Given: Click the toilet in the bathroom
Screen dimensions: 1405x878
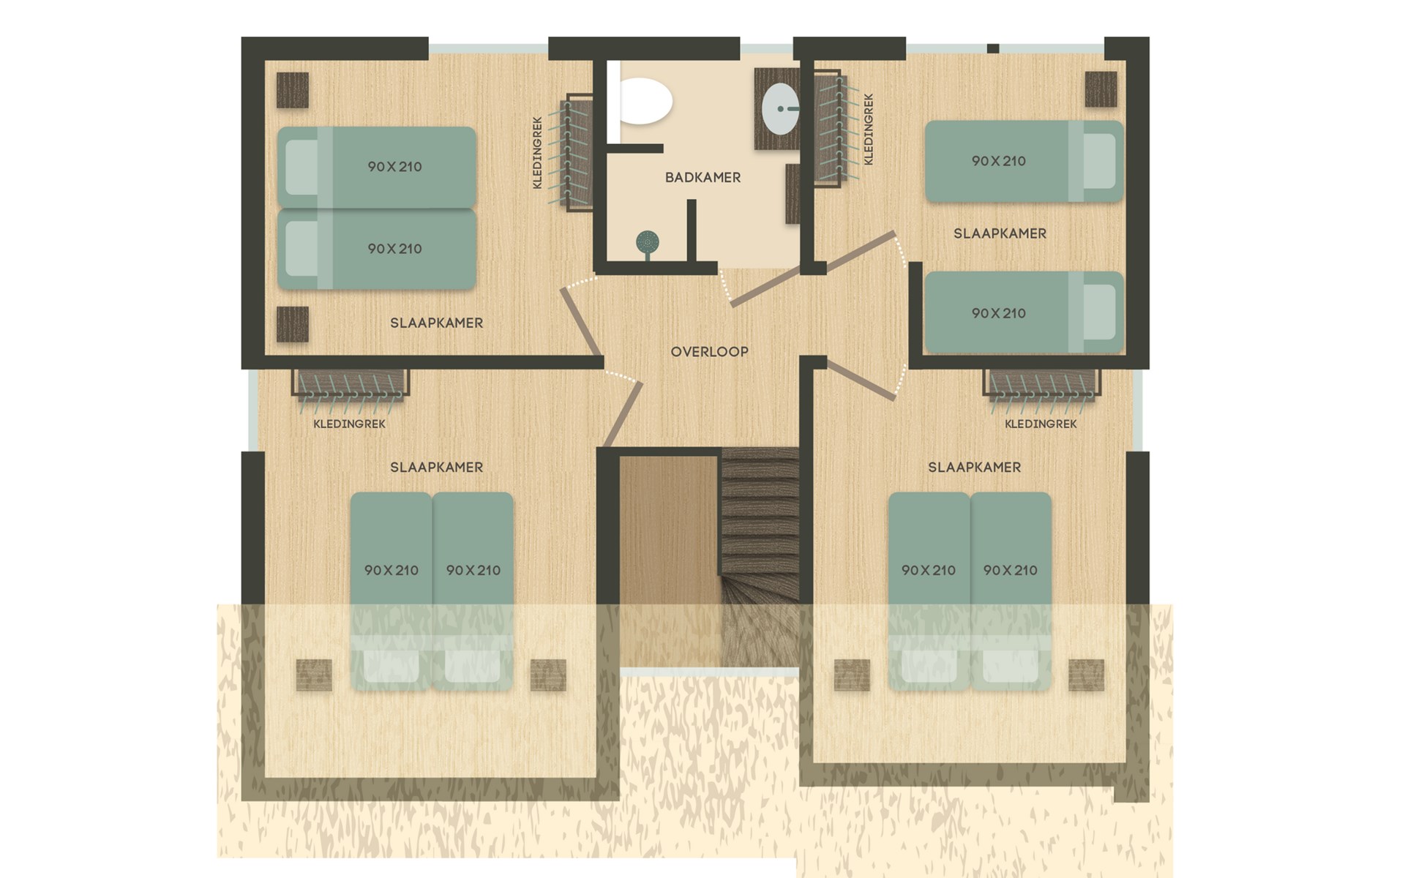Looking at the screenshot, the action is pyautogui.click(x=646, y=102).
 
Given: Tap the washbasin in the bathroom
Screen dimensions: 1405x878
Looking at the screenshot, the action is pyautogui.click(x=780, y=109).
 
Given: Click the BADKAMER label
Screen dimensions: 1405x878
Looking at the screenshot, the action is pyautogui.click(x=702, y=177).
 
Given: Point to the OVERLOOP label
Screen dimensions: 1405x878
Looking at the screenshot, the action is pyautogui.click(x=709, y=352).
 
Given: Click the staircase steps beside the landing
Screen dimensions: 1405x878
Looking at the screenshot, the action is pyautogui.click(x=760, y=556).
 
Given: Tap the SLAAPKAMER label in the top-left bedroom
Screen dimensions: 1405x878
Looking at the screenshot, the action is pyautogui.click(x=436, y=323).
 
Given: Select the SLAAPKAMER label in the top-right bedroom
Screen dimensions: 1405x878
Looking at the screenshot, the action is pyautogui.click(x=1000, y=233).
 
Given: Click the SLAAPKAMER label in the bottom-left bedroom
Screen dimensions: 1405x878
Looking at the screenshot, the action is pyautogui.click(x=436, y=467).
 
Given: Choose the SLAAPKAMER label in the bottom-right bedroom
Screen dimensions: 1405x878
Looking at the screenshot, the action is pyautogui.click(x=974, y=467).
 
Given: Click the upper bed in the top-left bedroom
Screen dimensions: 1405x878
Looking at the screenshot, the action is pyautogui.click(x=377, y=167).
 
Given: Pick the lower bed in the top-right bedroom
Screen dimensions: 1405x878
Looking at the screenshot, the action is pyautogui.click(x=1024, y=312).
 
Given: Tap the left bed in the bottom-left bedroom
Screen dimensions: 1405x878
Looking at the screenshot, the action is pyautogui.click(x=391, y=591).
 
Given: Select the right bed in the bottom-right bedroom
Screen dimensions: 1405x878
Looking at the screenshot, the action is pyautogui.click(x=1011, y=591).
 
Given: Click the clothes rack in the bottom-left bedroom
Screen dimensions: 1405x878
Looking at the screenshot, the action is pyautogui.click(x=351, y=384).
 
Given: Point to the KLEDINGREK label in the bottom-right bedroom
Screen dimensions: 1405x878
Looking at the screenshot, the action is pyautogui.click(x=1041, y=424).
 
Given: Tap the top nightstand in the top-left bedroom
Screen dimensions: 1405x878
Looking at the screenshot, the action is pyautogui.click(x=293, y=90).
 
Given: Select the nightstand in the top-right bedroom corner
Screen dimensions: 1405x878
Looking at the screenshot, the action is pyautogui.click(x=1101, y=89).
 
